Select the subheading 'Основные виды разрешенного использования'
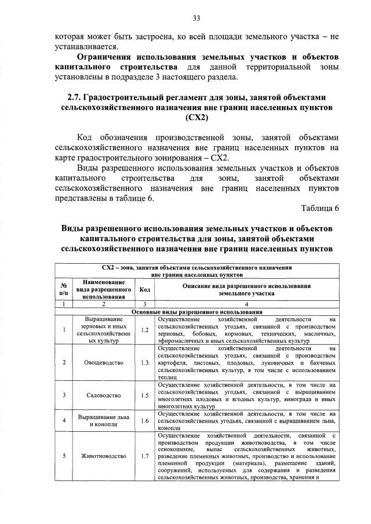pyautogui.click(x=197, y=312)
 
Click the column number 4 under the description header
pyautogui.click(x=246, y=304)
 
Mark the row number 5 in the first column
pyautogui.click(x=62, y=455)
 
